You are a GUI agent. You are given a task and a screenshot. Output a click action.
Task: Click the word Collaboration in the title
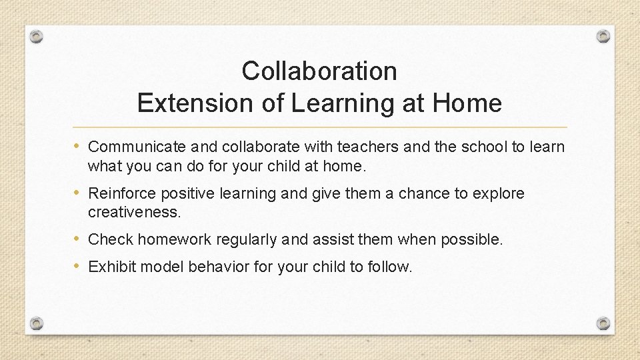(319, 71)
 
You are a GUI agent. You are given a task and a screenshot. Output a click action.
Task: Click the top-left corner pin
(37, 37)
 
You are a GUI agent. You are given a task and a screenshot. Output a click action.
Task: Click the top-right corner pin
(603, 35)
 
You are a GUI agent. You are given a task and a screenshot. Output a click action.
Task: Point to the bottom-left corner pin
(37, 323)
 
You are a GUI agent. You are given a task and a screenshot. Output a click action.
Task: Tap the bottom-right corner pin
(603, 323)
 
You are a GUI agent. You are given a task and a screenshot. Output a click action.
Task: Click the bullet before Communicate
(79, 146)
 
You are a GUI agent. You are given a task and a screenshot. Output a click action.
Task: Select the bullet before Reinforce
(79, 193)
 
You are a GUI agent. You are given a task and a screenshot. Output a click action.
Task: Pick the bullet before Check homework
(79, 239)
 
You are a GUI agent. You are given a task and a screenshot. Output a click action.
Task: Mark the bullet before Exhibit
(79, 267)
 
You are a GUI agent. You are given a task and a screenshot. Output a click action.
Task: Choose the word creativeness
(134, 212)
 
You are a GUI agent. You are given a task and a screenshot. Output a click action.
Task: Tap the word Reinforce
(119, 194)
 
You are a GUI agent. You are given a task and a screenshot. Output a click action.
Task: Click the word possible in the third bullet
(471, 239)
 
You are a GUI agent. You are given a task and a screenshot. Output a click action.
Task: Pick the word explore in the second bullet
(498, 194)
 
